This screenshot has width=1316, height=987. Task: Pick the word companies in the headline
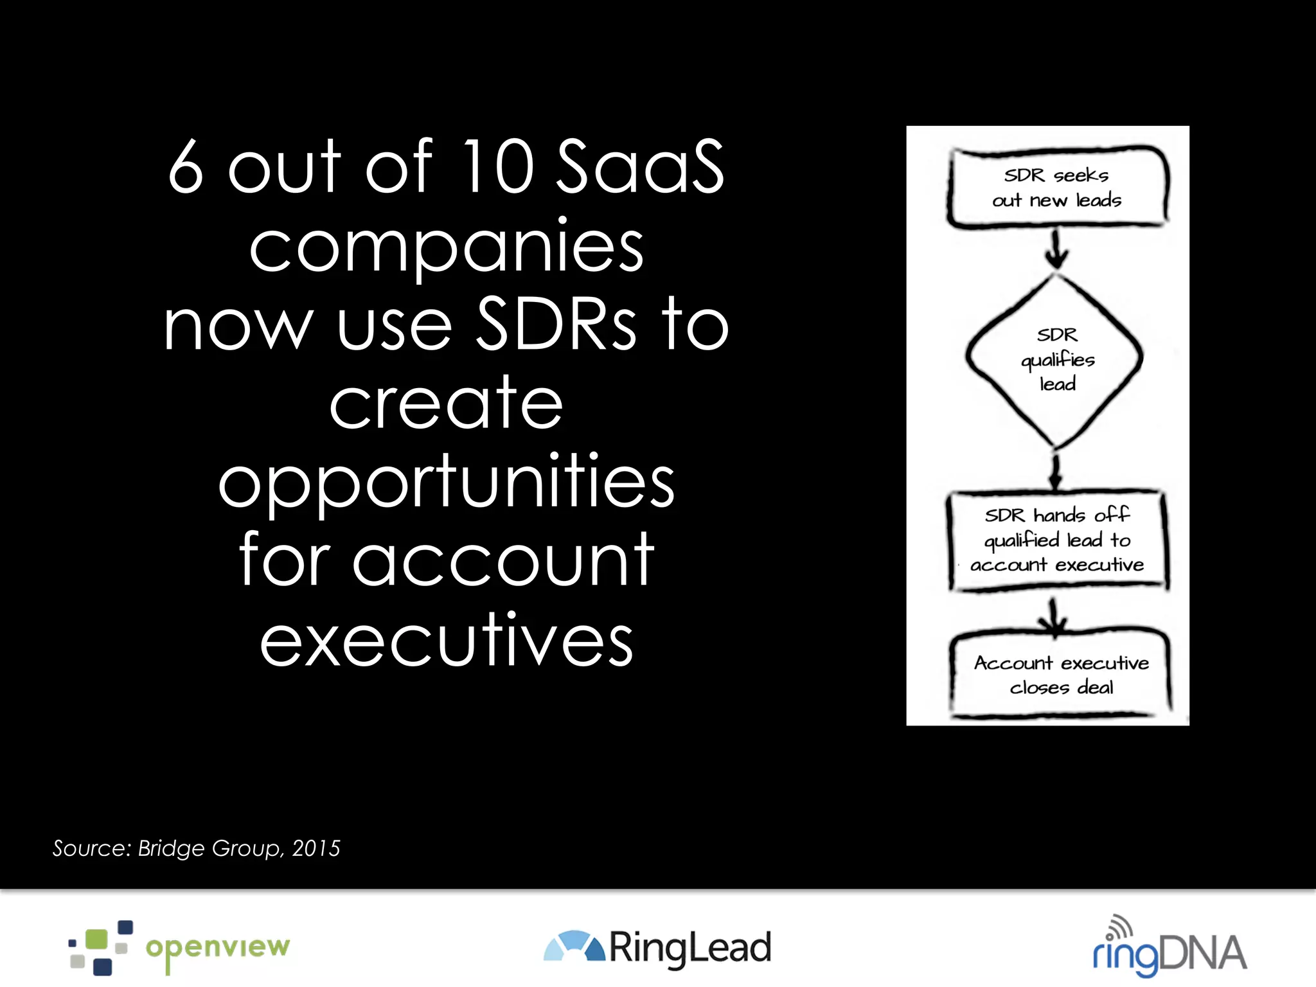tap(446, 247)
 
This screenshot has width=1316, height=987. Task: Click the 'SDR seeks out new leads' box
tap(1057, 188)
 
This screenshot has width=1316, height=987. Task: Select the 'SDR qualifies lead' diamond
tap(1055, 359)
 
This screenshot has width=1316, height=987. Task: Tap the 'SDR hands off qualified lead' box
tap(1057, 540)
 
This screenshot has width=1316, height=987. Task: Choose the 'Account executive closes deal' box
tap(1060, 675)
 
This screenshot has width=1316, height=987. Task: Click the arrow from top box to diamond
tap(1056, 249)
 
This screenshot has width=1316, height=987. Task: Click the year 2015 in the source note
tap(316, 848)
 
